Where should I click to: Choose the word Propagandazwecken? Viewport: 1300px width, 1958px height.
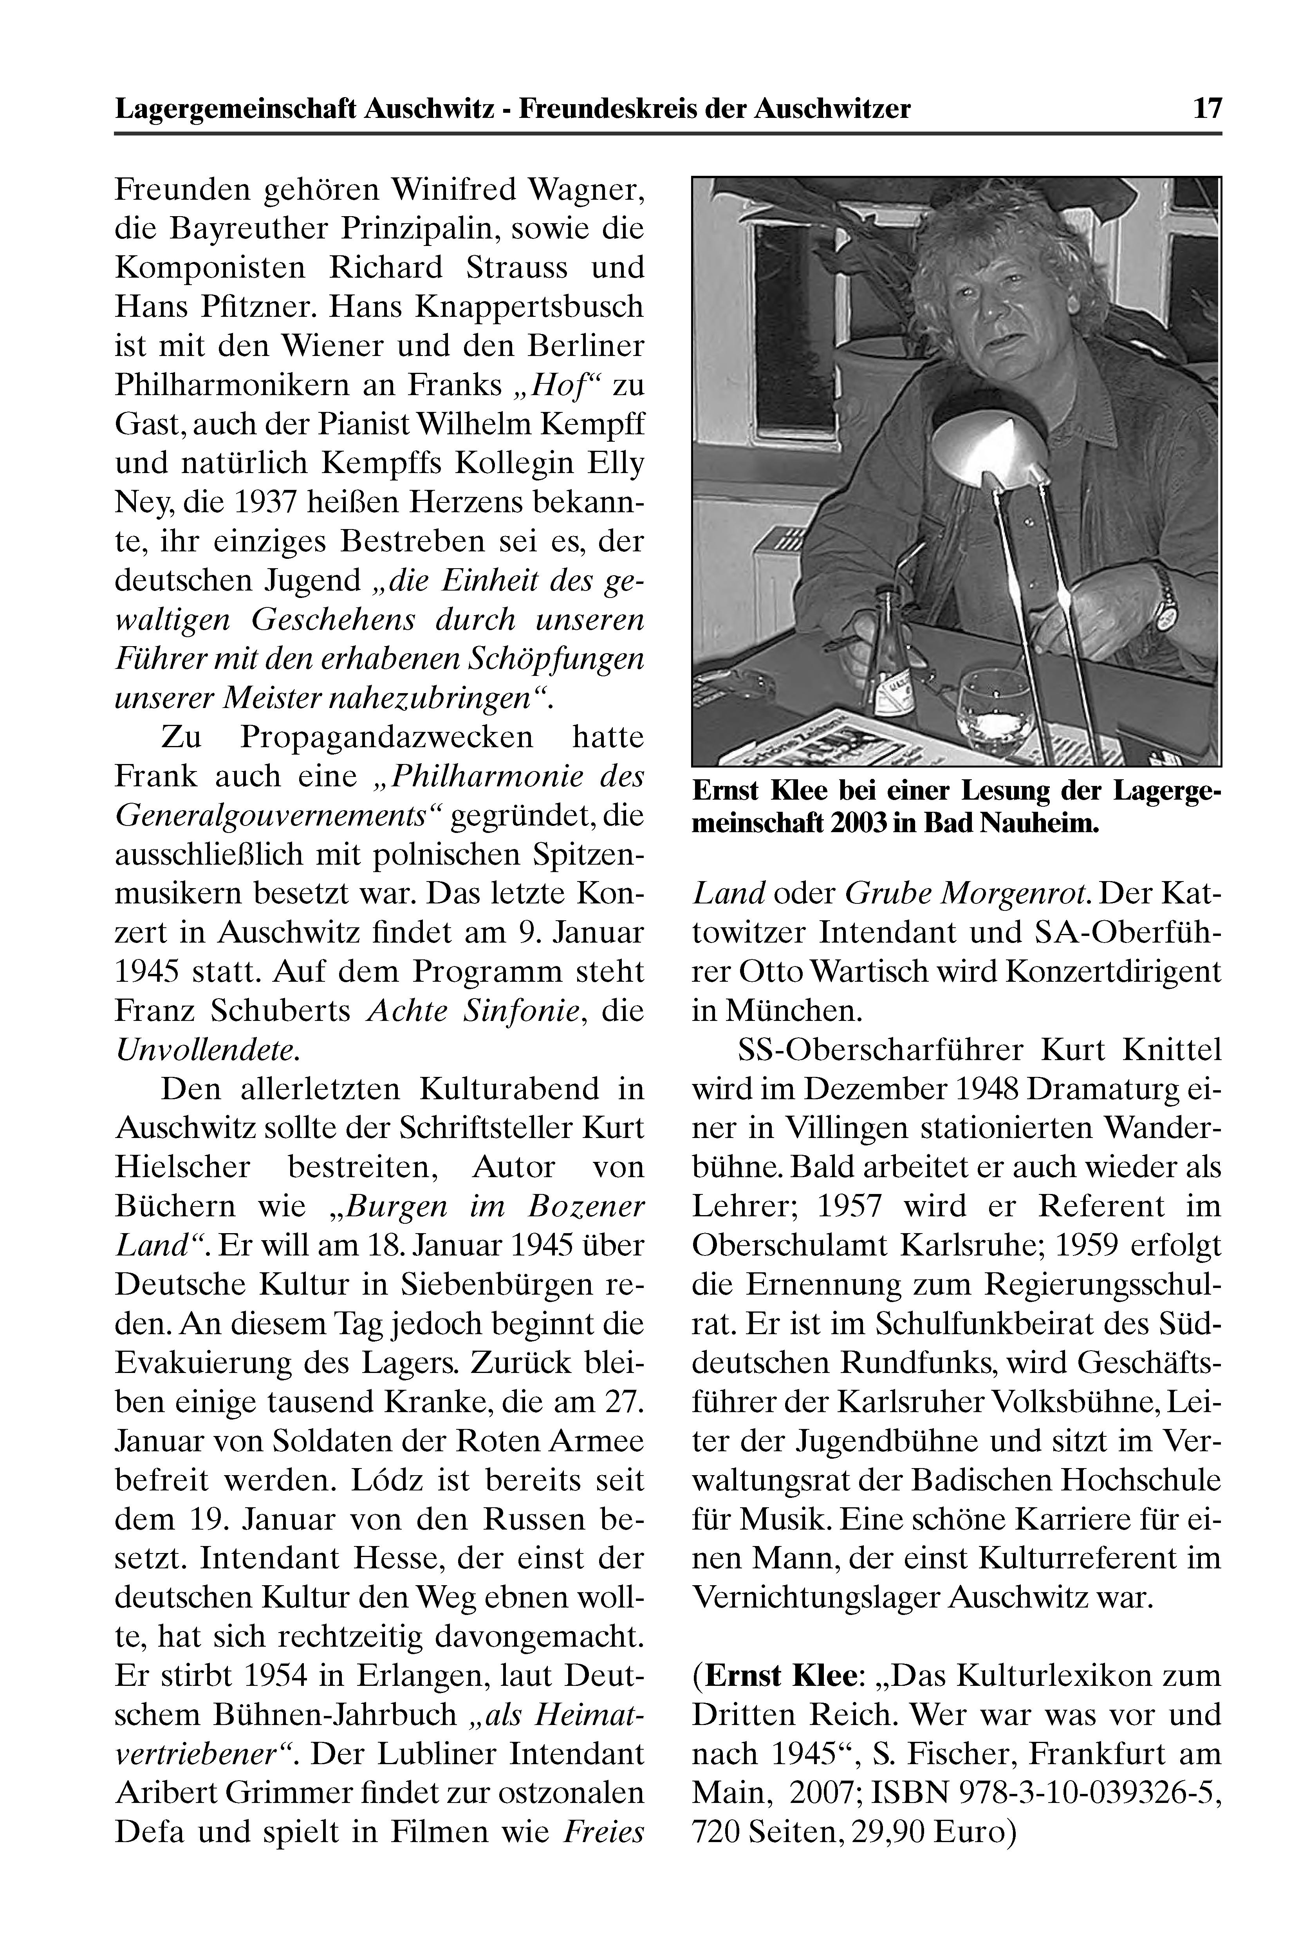click(x=387, y=737)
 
